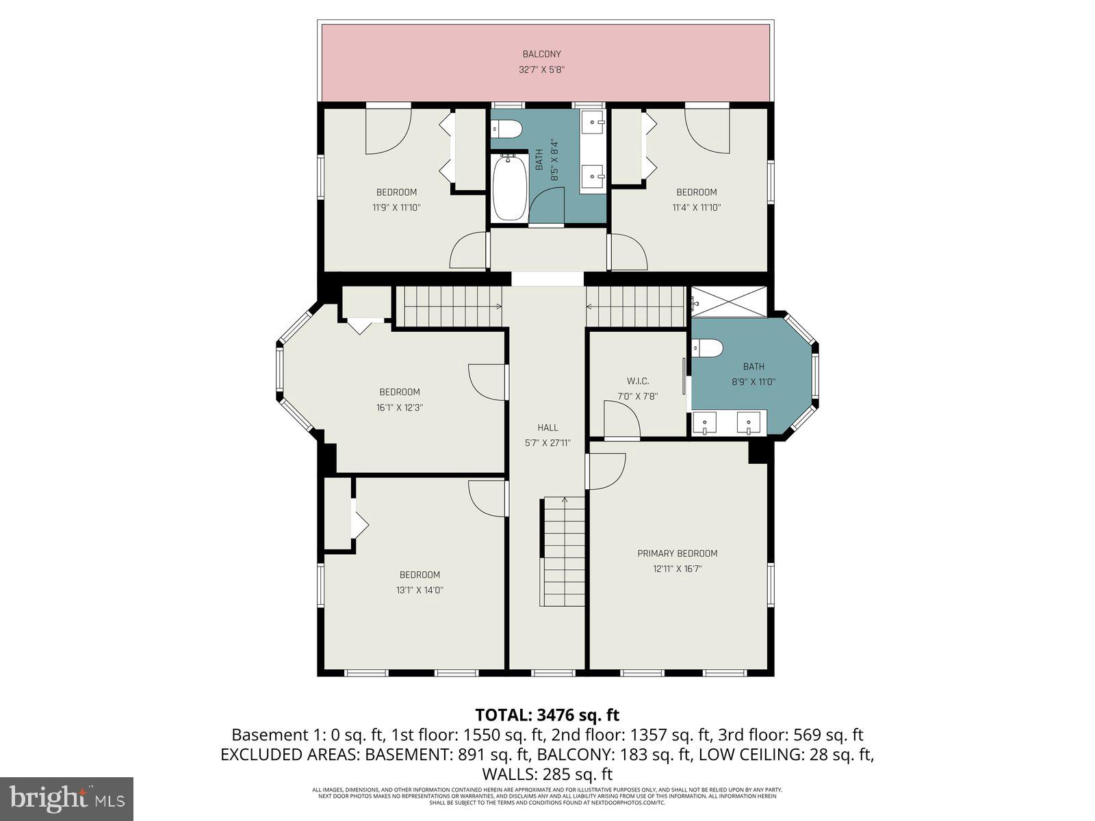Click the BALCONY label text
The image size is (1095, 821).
point(541,54)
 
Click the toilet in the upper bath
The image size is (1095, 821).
point(507,128)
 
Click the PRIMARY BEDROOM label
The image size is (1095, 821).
point(677,553)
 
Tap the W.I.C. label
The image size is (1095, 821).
point(637,381)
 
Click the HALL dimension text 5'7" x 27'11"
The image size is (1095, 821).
point(547,443)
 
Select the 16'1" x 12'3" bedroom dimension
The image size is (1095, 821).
point(400,407)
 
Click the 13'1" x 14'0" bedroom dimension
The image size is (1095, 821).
point(420,590)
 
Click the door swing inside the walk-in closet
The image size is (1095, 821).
point(621,419)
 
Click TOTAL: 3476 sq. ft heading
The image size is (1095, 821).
point(547,715)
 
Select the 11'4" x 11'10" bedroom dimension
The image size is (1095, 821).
point(697,207)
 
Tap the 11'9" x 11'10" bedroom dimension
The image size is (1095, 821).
point(396,207)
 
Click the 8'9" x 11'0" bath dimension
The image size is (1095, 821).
point(753,382)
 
